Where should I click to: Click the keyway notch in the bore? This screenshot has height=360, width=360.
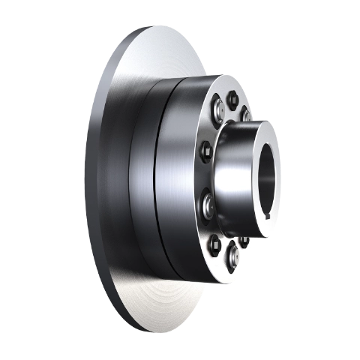point(268,217)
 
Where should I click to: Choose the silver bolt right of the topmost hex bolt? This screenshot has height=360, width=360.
point(245,114)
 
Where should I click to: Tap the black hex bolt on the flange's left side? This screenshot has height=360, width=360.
point(203,153)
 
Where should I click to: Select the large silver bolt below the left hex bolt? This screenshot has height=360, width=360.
point(207,202)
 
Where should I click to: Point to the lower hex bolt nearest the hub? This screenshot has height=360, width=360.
point(244,241)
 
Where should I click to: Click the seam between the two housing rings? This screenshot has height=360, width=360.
point(156,180)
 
